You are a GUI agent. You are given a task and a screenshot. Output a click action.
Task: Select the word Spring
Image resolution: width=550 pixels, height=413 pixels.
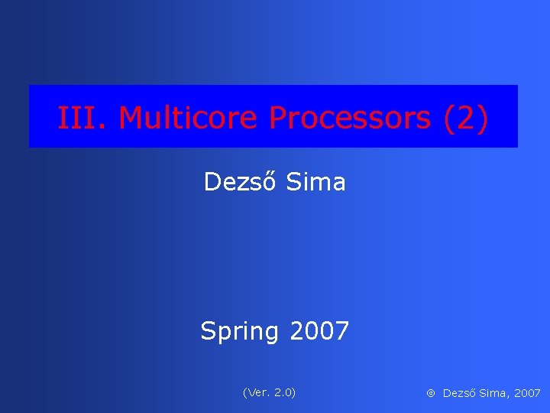239,332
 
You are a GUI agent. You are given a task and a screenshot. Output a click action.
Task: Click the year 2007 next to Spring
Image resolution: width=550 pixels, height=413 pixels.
319,331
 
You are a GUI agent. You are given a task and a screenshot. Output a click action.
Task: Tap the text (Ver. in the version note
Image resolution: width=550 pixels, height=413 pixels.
256,392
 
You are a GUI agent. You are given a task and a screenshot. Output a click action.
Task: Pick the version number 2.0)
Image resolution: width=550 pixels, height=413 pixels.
284,392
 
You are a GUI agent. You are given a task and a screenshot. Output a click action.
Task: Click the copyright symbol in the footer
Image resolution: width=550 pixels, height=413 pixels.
431,393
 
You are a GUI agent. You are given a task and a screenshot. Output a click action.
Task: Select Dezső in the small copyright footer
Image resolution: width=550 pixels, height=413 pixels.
459,393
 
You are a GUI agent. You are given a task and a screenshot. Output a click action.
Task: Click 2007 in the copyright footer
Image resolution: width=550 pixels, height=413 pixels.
527,393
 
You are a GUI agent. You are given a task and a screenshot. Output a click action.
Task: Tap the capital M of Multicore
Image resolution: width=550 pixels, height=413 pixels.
131,118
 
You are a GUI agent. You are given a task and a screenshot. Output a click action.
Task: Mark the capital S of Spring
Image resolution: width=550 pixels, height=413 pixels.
208,331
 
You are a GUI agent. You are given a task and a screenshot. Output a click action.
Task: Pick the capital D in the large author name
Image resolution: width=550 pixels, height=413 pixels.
212,182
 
